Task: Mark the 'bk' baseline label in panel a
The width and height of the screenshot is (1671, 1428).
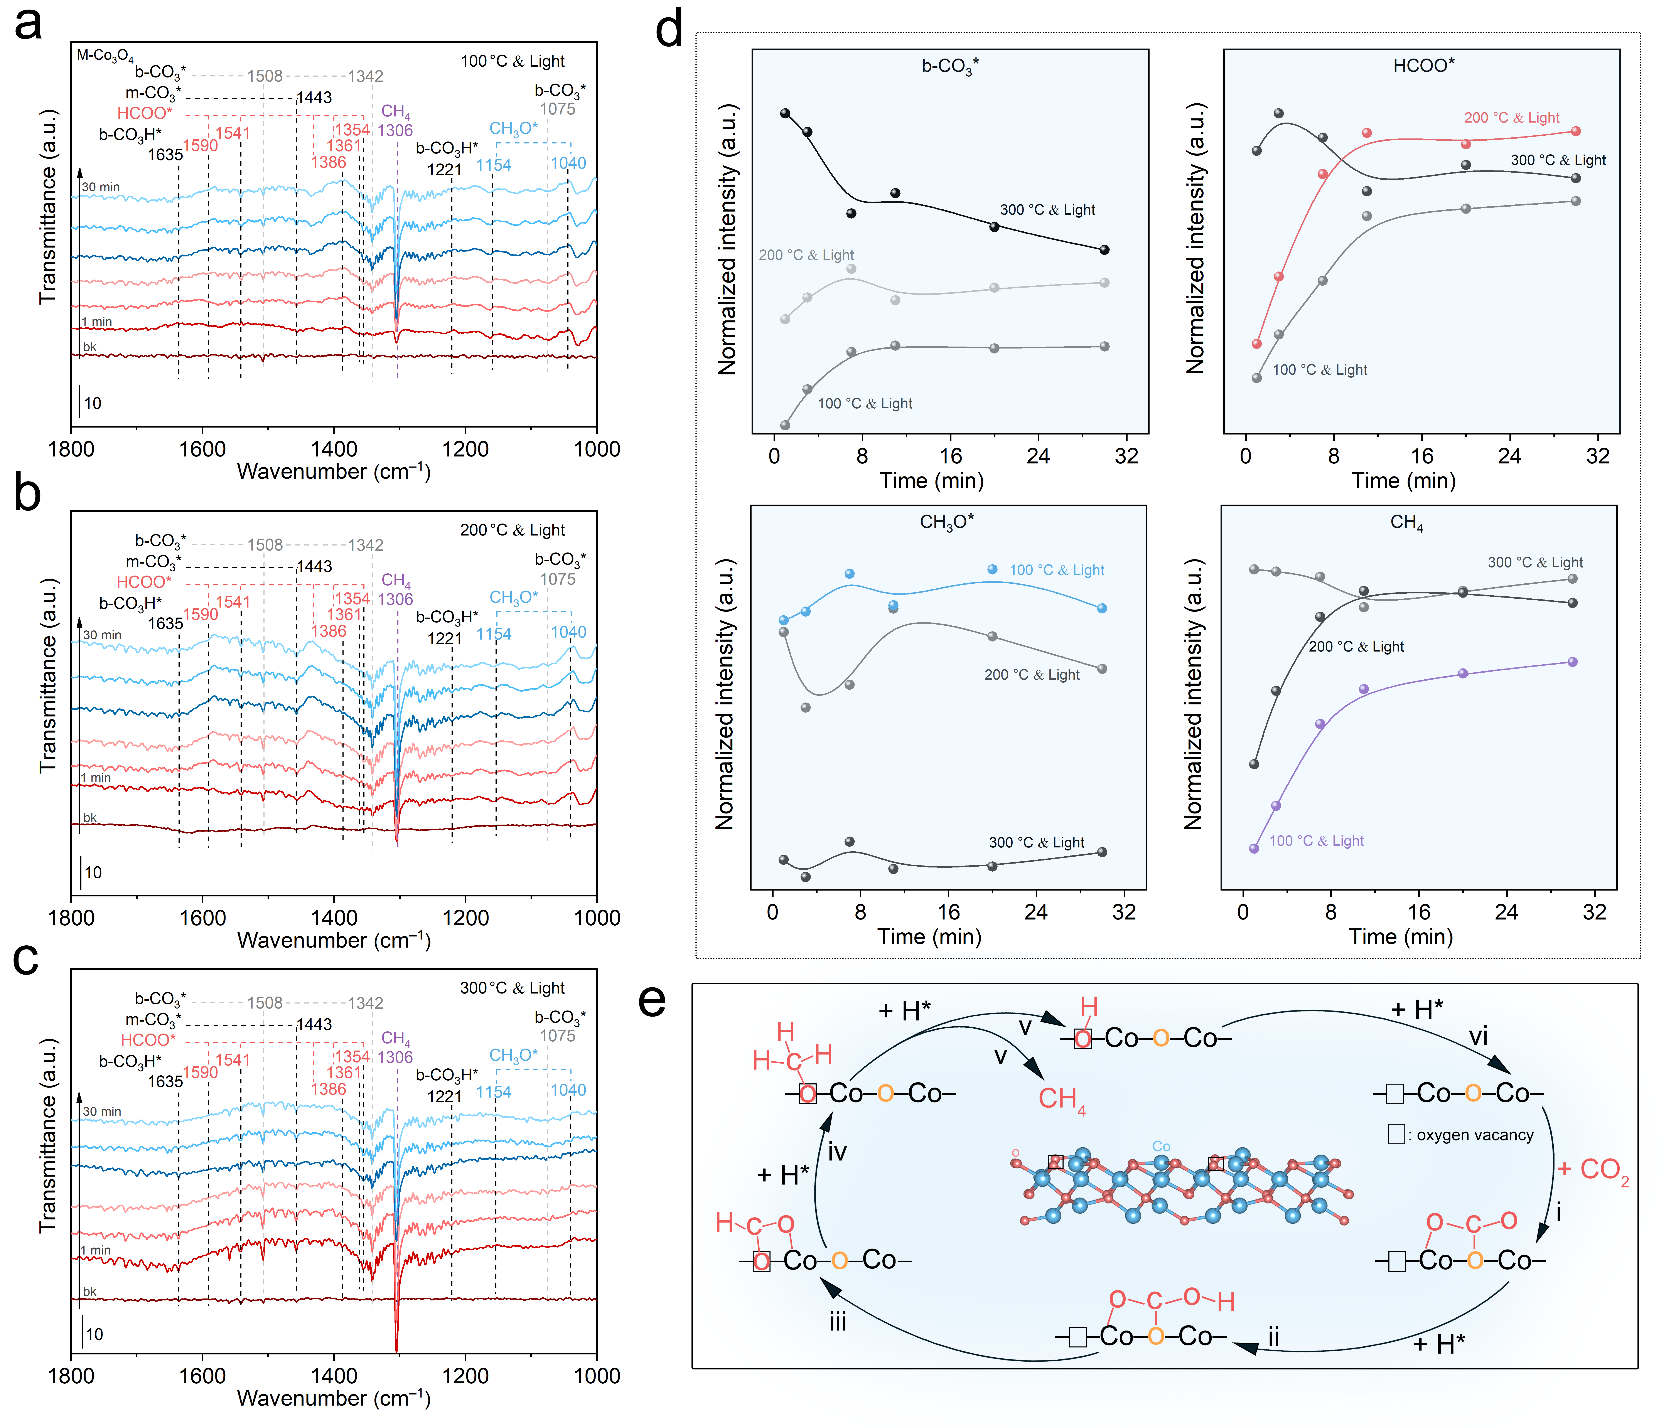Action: [89, 347]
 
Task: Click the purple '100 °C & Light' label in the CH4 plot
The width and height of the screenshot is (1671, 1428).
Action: [1316, 841]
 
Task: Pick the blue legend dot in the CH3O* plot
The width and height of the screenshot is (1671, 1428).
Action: [993, 569]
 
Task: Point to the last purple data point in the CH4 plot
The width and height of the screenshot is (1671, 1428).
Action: [1572, 662]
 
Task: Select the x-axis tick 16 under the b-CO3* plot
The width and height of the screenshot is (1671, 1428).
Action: [950, 456]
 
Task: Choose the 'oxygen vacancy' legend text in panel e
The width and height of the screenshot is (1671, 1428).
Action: [1475, 1135]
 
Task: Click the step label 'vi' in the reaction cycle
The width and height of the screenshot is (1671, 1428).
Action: [1477, 1036]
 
